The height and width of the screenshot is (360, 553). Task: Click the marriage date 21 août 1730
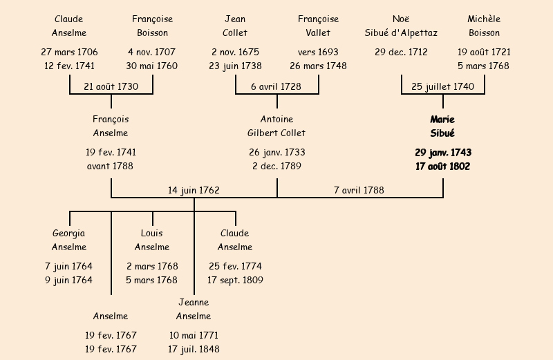[x=111, y=86]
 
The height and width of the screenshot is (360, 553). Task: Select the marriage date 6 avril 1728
[x=276, y=86]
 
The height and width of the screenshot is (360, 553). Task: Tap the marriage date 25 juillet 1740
[x=442, y=86]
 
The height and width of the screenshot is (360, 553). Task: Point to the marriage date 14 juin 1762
[x=194, y=190]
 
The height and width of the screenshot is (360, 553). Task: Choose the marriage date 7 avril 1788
[x=359, y=190]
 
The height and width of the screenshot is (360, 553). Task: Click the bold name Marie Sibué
[x=442, y=126]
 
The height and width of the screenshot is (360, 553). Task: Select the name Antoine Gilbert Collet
[x=276, y=126]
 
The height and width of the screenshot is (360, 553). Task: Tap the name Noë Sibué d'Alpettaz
[x=401, y=26]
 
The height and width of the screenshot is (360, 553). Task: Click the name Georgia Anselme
[x=69, y=240]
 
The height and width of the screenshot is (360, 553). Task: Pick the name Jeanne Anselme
[x=194, y=310]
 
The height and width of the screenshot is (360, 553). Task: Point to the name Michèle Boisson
[x=484, y=26]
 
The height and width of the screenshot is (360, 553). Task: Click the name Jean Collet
[x=235, y=26]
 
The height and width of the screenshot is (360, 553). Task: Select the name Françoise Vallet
[x=318, y=26]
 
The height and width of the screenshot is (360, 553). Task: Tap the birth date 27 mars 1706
[x=69, y=52]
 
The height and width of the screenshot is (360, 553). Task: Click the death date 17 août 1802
[x=442, y=167]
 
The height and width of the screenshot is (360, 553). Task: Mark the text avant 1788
[x=111, y=167]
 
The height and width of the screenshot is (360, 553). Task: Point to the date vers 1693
[x=318, y=52]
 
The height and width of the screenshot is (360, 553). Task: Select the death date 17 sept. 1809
[x=235, y=281]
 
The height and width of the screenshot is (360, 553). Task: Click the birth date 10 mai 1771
[x=194, y=335]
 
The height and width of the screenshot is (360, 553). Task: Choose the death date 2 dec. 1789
[x=276, y=167]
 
